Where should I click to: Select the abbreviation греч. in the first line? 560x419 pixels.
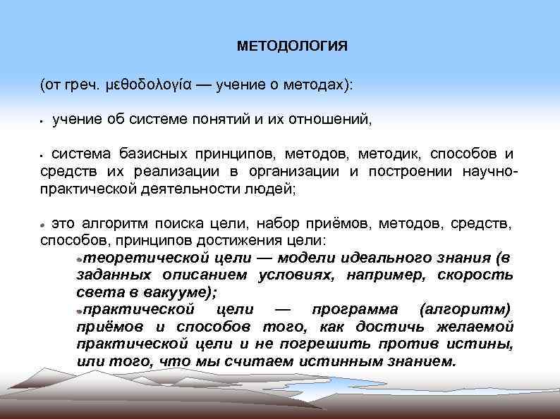click(x=82, y=85)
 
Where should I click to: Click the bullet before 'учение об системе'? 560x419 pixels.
click(x=43, y=121)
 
